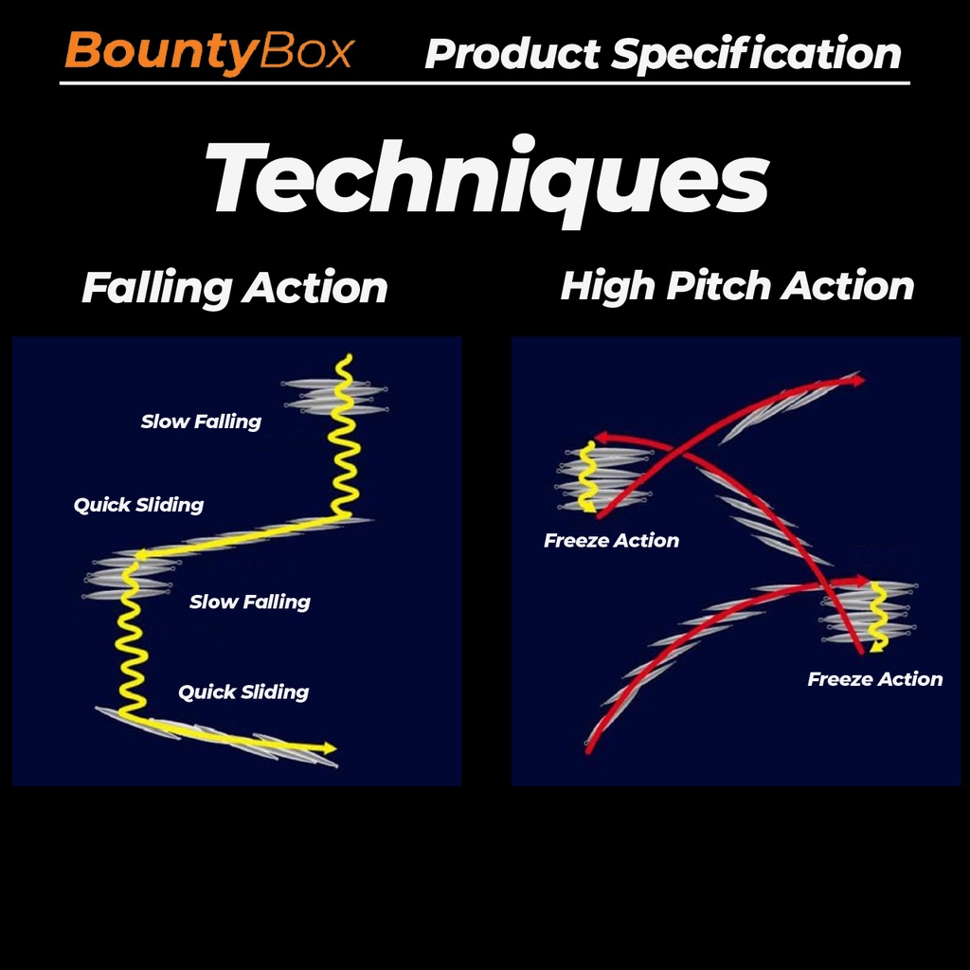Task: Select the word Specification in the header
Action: (x=757, y=55)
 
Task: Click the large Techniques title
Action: (x=487, y=178)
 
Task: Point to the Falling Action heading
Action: (x=235, y=288)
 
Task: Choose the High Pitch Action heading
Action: (x=737, y=286)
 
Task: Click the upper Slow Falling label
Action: (x=201, y=422)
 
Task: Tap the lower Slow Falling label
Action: (x=250, y=602)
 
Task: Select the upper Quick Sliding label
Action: (x=138, y=505)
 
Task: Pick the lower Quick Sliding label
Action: (x=243, y=692)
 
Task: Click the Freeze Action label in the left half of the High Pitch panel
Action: (x=611, y=541)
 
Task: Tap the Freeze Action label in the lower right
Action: (x=874, y=679)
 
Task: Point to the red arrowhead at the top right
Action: (x=858, y=381)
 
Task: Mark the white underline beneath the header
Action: (x=484, y=83)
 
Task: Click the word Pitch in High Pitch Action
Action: (x=718, y=286)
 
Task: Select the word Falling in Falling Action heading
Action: (x=156, y=289)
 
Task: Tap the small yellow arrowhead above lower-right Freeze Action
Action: (x=876, y=646)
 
